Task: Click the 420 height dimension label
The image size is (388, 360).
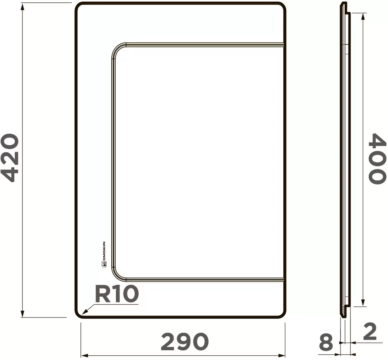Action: (10, 158)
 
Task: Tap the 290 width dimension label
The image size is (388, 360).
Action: (185, 341)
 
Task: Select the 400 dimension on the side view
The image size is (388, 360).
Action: (377, 158)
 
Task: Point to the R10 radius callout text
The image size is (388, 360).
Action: (117, 294)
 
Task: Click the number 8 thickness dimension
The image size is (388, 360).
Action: (326, 342)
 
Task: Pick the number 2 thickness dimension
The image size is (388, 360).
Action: (370, 331)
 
